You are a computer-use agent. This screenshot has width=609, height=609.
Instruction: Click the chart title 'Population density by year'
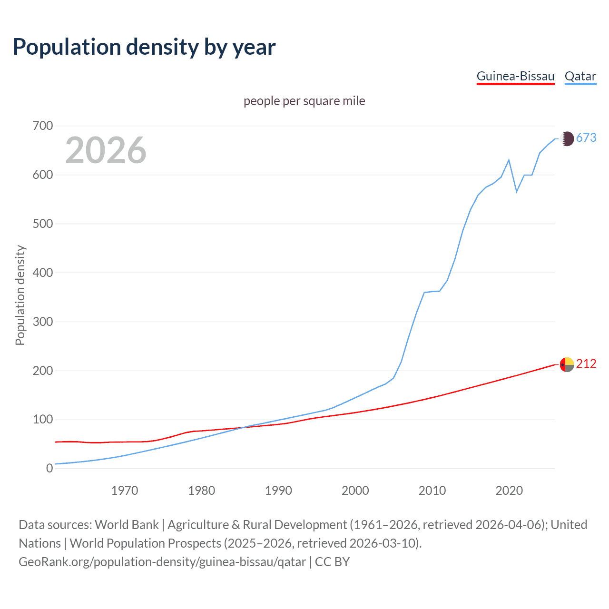[x=144, y=47]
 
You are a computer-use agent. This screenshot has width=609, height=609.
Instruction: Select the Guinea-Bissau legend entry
[x=515, y=76]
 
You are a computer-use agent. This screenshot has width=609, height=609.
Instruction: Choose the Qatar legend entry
[x=580, y=76]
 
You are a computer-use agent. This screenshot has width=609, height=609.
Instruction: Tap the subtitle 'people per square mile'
[x=304, y=101]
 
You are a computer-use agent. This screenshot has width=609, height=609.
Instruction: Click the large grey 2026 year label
[x=106, y=150]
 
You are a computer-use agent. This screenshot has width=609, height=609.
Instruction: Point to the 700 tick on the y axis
[x=43, y=126]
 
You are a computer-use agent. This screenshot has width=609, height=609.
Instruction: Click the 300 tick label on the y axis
[x=43, y=322]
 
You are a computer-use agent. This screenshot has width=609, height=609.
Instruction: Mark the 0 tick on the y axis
[x=49, y=468]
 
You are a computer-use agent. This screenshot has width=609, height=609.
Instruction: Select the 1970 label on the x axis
[x=125, y=491]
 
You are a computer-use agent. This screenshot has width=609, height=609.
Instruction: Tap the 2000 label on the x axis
[x=355, y=491]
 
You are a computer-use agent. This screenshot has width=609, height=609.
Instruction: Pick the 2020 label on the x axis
[x=509, y=491]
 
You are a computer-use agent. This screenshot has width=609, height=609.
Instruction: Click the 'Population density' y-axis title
[x=20, y=295]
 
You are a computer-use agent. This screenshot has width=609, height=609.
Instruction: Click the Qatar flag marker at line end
[x=567, y=138]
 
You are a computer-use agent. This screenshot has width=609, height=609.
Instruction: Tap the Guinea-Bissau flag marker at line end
[x=567, y=364]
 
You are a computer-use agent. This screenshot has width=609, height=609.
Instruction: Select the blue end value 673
[x=586, y=138]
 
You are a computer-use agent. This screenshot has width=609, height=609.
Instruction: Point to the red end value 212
[x=586, y=363]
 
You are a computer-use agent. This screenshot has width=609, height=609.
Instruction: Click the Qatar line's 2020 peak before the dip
[x=509, y=160]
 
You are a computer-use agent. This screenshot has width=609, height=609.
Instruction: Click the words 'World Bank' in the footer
[x=127, y=525]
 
